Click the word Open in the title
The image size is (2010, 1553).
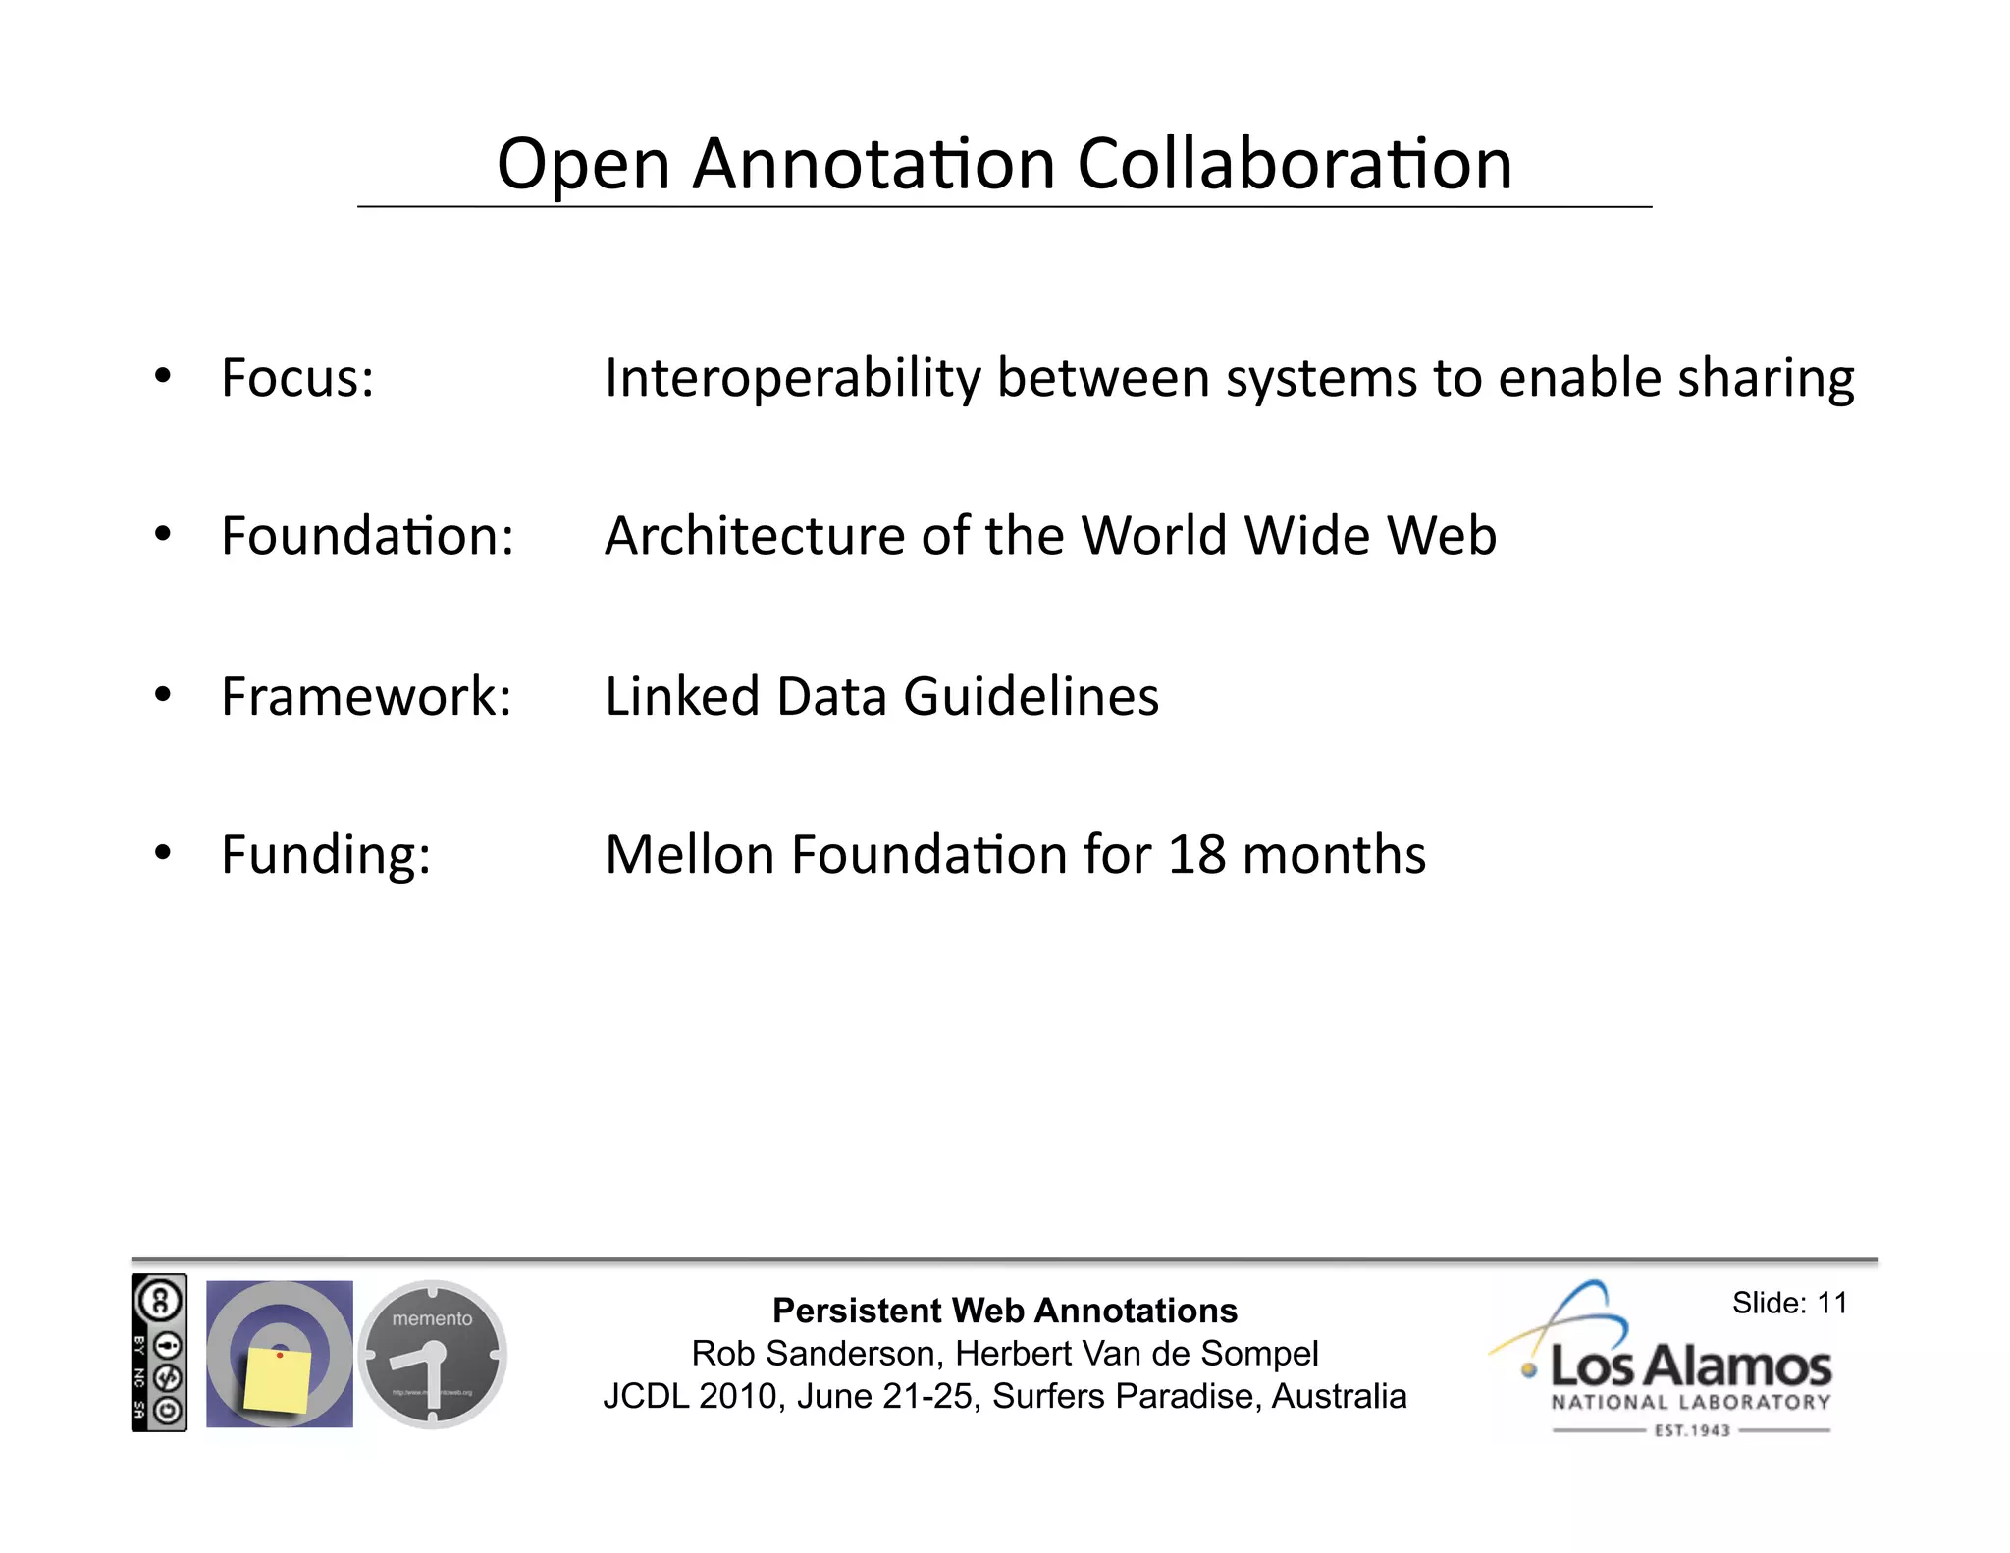tap(584, 165)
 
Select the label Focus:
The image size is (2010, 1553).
tap(297, 378)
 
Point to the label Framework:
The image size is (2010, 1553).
tap(366, 696)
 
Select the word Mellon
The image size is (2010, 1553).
tap(689, 854)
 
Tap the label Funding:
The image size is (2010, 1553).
tap(326, 855)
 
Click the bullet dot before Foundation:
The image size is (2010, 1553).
tap(163, 534)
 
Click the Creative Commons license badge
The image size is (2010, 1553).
tap(159, 1353)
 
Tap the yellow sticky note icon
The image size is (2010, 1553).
tap(276, 1379)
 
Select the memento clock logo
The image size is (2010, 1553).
tap(432, 1354)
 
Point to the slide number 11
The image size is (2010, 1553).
tap(1831, 1303)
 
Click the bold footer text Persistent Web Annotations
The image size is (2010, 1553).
tap(1005, 1311)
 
